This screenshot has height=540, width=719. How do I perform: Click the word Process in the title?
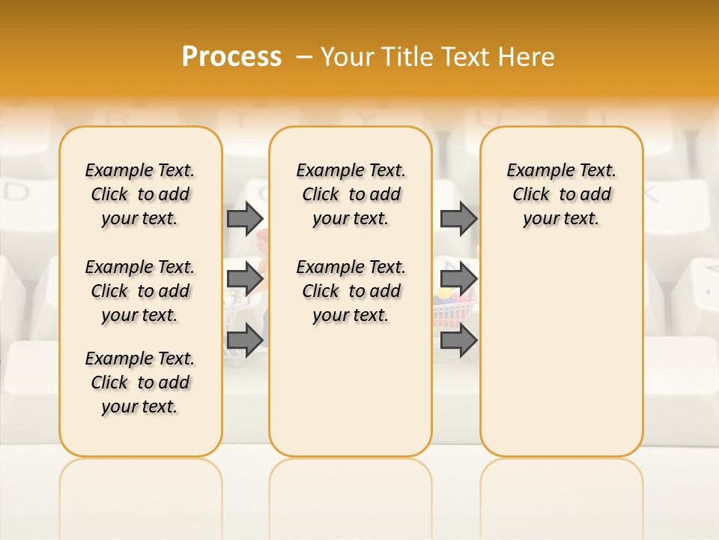pos(231,56)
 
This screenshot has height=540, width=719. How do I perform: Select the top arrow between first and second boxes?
pos(245,218)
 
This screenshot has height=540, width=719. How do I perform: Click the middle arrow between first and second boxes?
pos(245,279)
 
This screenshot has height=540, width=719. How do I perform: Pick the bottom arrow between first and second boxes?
pos(245,340)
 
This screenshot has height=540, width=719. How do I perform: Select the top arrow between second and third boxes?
pos(458,218)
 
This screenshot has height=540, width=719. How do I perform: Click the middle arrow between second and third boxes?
pos(458,279)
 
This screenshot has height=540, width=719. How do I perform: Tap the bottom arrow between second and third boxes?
pos(458,340)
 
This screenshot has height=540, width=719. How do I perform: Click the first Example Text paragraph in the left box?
pos(140,194)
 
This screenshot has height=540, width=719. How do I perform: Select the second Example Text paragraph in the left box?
pos(140,291)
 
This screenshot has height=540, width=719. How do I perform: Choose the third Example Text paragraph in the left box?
pos(140,382)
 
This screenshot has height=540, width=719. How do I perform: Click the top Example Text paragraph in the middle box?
pos(351,194)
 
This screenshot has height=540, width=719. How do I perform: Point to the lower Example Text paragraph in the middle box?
pos(351,291)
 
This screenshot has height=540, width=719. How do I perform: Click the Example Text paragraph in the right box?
pos(561,194)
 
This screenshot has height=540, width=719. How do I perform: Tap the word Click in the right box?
pos(531,194)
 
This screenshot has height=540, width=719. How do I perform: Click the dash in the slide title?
pos(304,56)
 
